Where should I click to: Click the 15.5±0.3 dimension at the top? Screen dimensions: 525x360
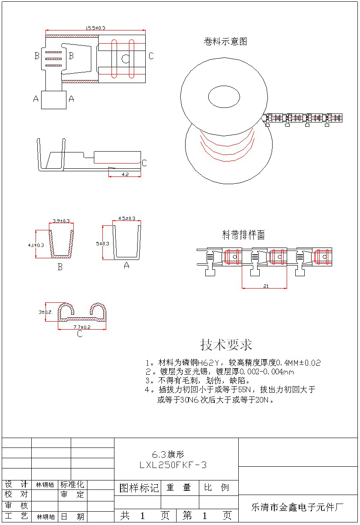coord(96,28)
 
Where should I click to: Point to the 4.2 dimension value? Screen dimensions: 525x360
coord(125,174)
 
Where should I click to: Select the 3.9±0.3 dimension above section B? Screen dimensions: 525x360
coord(61,221)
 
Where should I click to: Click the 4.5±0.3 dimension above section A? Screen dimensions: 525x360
coord(126,218)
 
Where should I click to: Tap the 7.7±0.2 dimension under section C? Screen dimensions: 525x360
coord(82,327)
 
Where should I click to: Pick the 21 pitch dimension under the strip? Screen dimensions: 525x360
coord(266,286)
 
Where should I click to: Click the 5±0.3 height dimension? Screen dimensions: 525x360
coord(102,243)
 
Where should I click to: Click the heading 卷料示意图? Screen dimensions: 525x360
coord(225,42)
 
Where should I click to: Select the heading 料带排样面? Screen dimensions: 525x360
coord(243,235)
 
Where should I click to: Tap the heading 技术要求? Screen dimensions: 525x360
coord(226,345)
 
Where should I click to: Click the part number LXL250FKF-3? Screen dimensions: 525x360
coord(173,465)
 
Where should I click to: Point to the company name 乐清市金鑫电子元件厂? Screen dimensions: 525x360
coord(297,507)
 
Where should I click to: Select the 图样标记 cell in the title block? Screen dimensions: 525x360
coord(138,488)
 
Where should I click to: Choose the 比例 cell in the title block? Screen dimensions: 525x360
coord(216,488)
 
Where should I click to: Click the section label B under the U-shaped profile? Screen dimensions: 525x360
coord(60,267)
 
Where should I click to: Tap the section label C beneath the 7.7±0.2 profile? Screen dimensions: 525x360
coord(80,334)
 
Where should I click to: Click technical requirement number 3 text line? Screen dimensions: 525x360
coord(198,380)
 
